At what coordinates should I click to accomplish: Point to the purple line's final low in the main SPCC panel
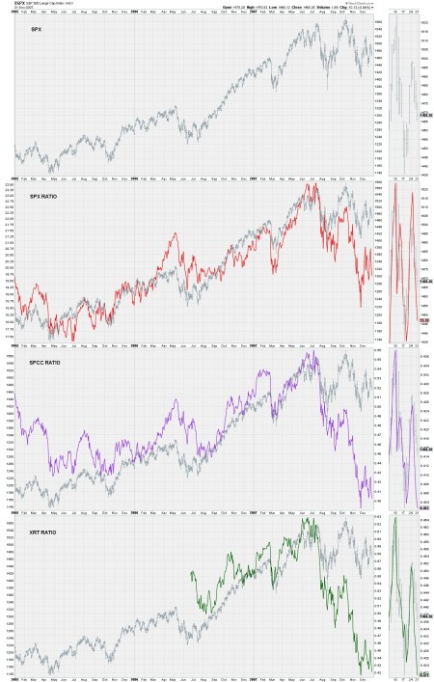click(x=370, y=498)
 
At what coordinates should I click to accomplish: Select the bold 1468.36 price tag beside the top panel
click(x=423, y=117)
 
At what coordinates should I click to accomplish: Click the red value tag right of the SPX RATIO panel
click(x=423, y=320)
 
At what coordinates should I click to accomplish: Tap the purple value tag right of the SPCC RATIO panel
click(x=423, y=506)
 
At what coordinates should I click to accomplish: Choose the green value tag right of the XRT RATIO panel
click(x=423, y=673)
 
